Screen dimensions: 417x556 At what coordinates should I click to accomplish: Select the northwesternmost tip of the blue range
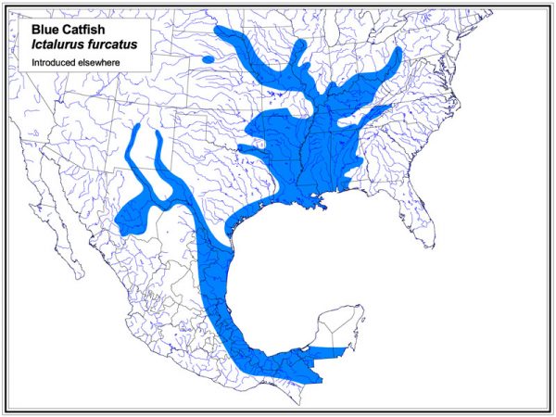(219, 31)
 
